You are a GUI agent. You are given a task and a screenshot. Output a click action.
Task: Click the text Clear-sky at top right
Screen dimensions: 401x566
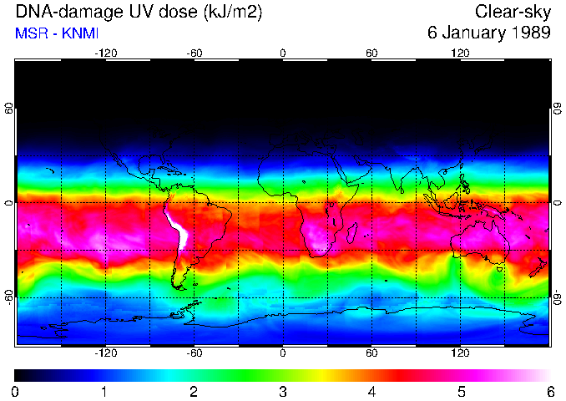tap(513, 12)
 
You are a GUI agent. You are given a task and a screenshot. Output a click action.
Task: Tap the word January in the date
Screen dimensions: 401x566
tap(470, 33)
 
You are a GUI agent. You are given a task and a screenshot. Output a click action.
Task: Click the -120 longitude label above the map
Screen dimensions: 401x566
tap(105, 53)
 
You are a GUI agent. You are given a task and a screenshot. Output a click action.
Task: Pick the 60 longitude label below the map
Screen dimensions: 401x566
tap(371, 353)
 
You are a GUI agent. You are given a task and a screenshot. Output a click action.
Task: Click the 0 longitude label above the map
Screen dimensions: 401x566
tap(283, 53)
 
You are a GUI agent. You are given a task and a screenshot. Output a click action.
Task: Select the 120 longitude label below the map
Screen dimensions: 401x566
tap(460, 353)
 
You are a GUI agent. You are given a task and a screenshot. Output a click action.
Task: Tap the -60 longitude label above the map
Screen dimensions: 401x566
tap(195, 53)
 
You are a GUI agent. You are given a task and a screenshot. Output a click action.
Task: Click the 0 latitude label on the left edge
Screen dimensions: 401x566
tap(9, 203)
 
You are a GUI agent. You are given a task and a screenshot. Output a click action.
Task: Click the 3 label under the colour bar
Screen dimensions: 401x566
tap(283, 391)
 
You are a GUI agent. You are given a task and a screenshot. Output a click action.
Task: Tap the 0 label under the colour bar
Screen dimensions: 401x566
tap(16, 391)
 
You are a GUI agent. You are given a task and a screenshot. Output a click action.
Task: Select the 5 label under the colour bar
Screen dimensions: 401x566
tap(461, 391)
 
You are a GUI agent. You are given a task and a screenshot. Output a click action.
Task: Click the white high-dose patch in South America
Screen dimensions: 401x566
tap(178, 230)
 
